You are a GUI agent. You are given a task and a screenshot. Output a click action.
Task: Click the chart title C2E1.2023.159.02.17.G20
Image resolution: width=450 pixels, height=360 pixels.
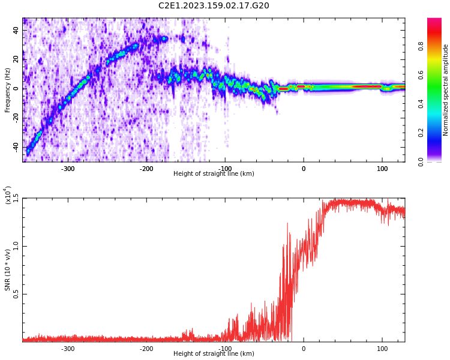(x=214, y=6)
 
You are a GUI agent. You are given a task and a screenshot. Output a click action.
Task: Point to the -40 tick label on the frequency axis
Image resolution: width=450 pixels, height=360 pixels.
(x=14, y=148)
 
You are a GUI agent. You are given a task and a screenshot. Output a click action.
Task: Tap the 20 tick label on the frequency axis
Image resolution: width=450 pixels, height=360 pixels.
(x=16, y=59)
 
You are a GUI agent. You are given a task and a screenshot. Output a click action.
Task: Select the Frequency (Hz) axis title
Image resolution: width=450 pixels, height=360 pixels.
(x=8, y=90)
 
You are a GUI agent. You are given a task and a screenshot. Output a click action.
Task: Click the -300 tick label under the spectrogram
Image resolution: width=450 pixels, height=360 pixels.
(x=67, y=168)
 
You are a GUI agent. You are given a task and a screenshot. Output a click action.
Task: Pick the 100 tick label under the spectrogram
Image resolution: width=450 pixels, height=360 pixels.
(x=382, y=168)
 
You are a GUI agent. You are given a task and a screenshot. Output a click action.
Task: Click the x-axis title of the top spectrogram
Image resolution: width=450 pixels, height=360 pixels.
(x=214, y=174)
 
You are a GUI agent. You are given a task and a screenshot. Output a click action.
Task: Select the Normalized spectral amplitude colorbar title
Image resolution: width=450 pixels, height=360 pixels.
(x=446, y=90)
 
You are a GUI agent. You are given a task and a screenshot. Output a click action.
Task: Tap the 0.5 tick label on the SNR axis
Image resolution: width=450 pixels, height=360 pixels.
(x=16, y=294)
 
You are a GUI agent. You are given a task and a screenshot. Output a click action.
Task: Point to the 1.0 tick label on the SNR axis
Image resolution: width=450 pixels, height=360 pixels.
(x=16, y=247)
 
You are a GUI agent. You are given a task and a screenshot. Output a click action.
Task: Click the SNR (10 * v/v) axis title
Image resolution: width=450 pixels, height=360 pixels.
(x=8, y=270)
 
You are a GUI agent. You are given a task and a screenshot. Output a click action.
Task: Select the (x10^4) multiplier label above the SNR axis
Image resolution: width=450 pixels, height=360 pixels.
(x=7, y=196)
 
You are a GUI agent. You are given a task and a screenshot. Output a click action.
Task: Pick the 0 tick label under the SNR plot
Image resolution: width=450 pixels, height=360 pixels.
(x=304, y=348)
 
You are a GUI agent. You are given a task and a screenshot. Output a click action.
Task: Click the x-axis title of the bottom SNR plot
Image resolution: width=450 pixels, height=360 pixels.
(x=214, y=354)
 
